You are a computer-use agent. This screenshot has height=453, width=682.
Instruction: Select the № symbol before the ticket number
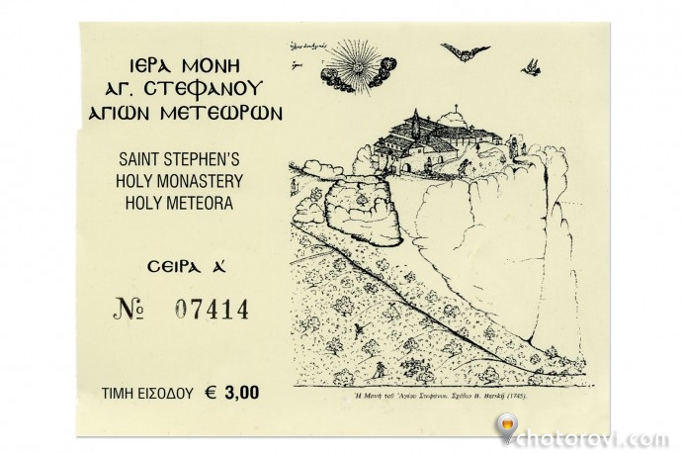click(x=129, y=310)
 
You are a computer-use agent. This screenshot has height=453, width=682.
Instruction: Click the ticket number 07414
click(x=211, y=310)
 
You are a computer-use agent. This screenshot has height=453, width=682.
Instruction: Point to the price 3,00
click(x=242, y=393)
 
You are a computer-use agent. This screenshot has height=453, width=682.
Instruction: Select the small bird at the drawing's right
click(x=533, y=65)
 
